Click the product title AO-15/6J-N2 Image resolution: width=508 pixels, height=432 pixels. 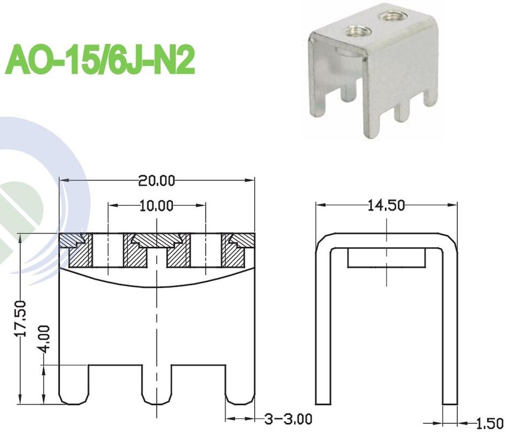tap(100, 60)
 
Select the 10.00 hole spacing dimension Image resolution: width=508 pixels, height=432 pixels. tap(157, 206)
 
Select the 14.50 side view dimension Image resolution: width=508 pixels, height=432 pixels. tap(385, 206)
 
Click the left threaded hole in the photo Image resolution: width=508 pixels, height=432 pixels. tap(357, 31)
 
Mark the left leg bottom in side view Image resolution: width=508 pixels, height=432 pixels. tap(323, 400)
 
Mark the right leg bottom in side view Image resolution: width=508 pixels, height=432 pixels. tap(449, 400)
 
